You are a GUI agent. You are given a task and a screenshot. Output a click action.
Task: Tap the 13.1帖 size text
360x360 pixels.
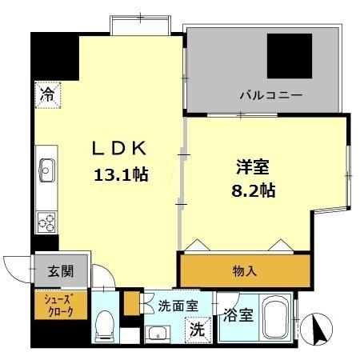[x=122, y=174]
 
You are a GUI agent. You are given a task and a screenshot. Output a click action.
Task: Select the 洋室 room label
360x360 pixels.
[x=252, y=168]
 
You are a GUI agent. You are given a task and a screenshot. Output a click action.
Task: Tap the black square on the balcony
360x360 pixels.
[x=290, y=57]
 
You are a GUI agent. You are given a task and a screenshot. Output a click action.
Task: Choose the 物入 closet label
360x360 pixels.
[x=246, y=271]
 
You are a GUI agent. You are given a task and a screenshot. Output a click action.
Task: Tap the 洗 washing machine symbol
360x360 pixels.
[x=195, y=327]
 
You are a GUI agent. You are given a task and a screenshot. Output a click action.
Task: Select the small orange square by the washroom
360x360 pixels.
[x=131, y=303]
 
